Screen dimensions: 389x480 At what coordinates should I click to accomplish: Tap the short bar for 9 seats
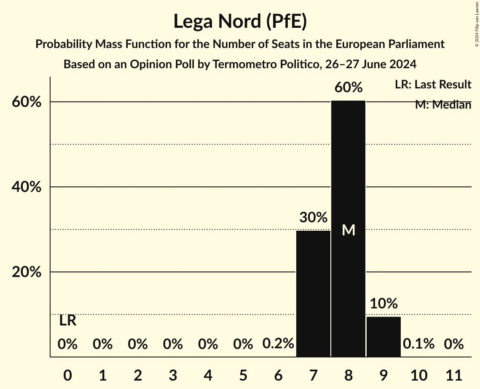pyautogui.click(x=383, y=337)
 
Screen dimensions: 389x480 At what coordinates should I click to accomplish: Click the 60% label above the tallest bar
pyautogui.click(x=348, y=88)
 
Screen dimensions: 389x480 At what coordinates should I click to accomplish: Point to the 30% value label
pyautogui.click(x=313, y=218)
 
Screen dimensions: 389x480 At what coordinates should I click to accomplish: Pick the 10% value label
pyautogui.click(x=383, y=304)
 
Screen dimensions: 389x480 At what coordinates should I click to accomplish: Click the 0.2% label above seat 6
pyautogui.click(x=278, y=344)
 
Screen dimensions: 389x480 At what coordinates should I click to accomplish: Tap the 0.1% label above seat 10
pyautogui.click(x=418, y=344)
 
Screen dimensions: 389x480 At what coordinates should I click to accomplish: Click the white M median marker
pyautogui.click(x=348, y=230)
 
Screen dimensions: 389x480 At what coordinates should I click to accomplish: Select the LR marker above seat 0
pyautogui.click(x=67, y=321)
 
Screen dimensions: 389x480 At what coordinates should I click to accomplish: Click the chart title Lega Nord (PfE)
pyautogui.click(x=240, y=21)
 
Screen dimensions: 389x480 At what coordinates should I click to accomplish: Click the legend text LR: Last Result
pyautogui.click(x=433, y=85)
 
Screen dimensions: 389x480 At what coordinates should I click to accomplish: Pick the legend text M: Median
pyautogui.click(x=443, y=105)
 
